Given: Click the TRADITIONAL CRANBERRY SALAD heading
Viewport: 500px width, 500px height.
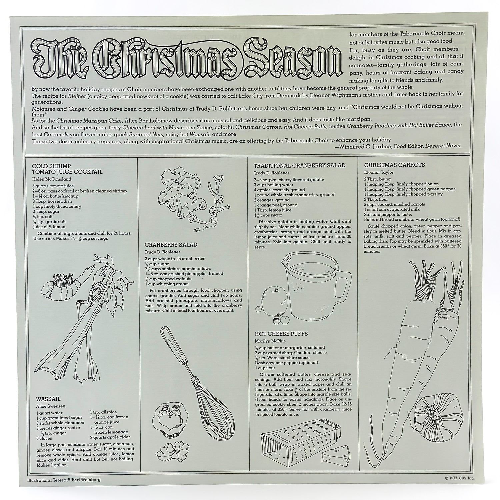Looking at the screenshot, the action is [x=300, y=165].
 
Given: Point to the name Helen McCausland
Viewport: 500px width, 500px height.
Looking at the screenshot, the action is [x=52, y=179].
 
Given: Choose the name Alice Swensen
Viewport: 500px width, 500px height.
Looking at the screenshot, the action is [x=51, y=406].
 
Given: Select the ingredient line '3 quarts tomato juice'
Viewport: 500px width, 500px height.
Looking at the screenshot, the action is [x=53, y=186].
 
